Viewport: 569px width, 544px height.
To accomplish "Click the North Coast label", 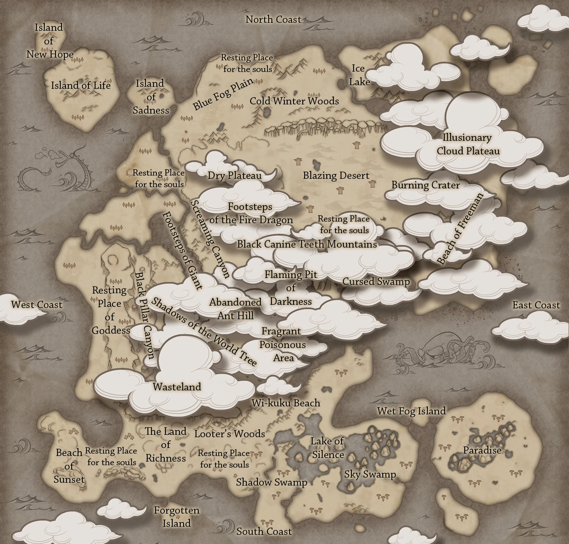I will pos(273,19).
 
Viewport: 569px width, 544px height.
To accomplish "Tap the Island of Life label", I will pos(80,85).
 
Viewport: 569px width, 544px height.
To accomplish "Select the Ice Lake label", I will pos(359,75).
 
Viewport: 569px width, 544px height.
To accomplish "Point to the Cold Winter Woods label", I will pos(294,101).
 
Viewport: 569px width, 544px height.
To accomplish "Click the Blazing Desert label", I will pos(336,175).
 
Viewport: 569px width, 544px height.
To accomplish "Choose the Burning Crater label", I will pos(425,185).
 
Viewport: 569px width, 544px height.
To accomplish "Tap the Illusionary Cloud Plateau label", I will pos(468,144).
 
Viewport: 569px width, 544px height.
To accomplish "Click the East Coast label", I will pos(536,305).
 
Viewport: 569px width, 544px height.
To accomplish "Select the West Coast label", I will pos(37,305).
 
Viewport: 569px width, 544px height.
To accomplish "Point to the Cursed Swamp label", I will pos(376,282).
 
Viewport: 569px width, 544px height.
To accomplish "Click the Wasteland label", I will pos(177,387).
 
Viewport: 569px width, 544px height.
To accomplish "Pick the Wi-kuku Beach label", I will pos(286,403).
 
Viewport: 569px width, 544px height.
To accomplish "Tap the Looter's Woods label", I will pos(230,434).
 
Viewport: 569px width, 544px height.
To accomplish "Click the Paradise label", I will pos(482,450).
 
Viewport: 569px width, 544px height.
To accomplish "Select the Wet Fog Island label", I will pos(411,411).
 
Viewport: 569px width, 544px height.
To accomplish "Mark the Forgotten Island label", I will pos(177,517).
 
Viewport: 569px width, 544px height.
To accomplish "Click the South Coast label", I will pos(264,531).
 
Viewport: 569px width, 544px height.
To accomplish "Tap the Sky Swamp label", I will pos(370,474).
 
